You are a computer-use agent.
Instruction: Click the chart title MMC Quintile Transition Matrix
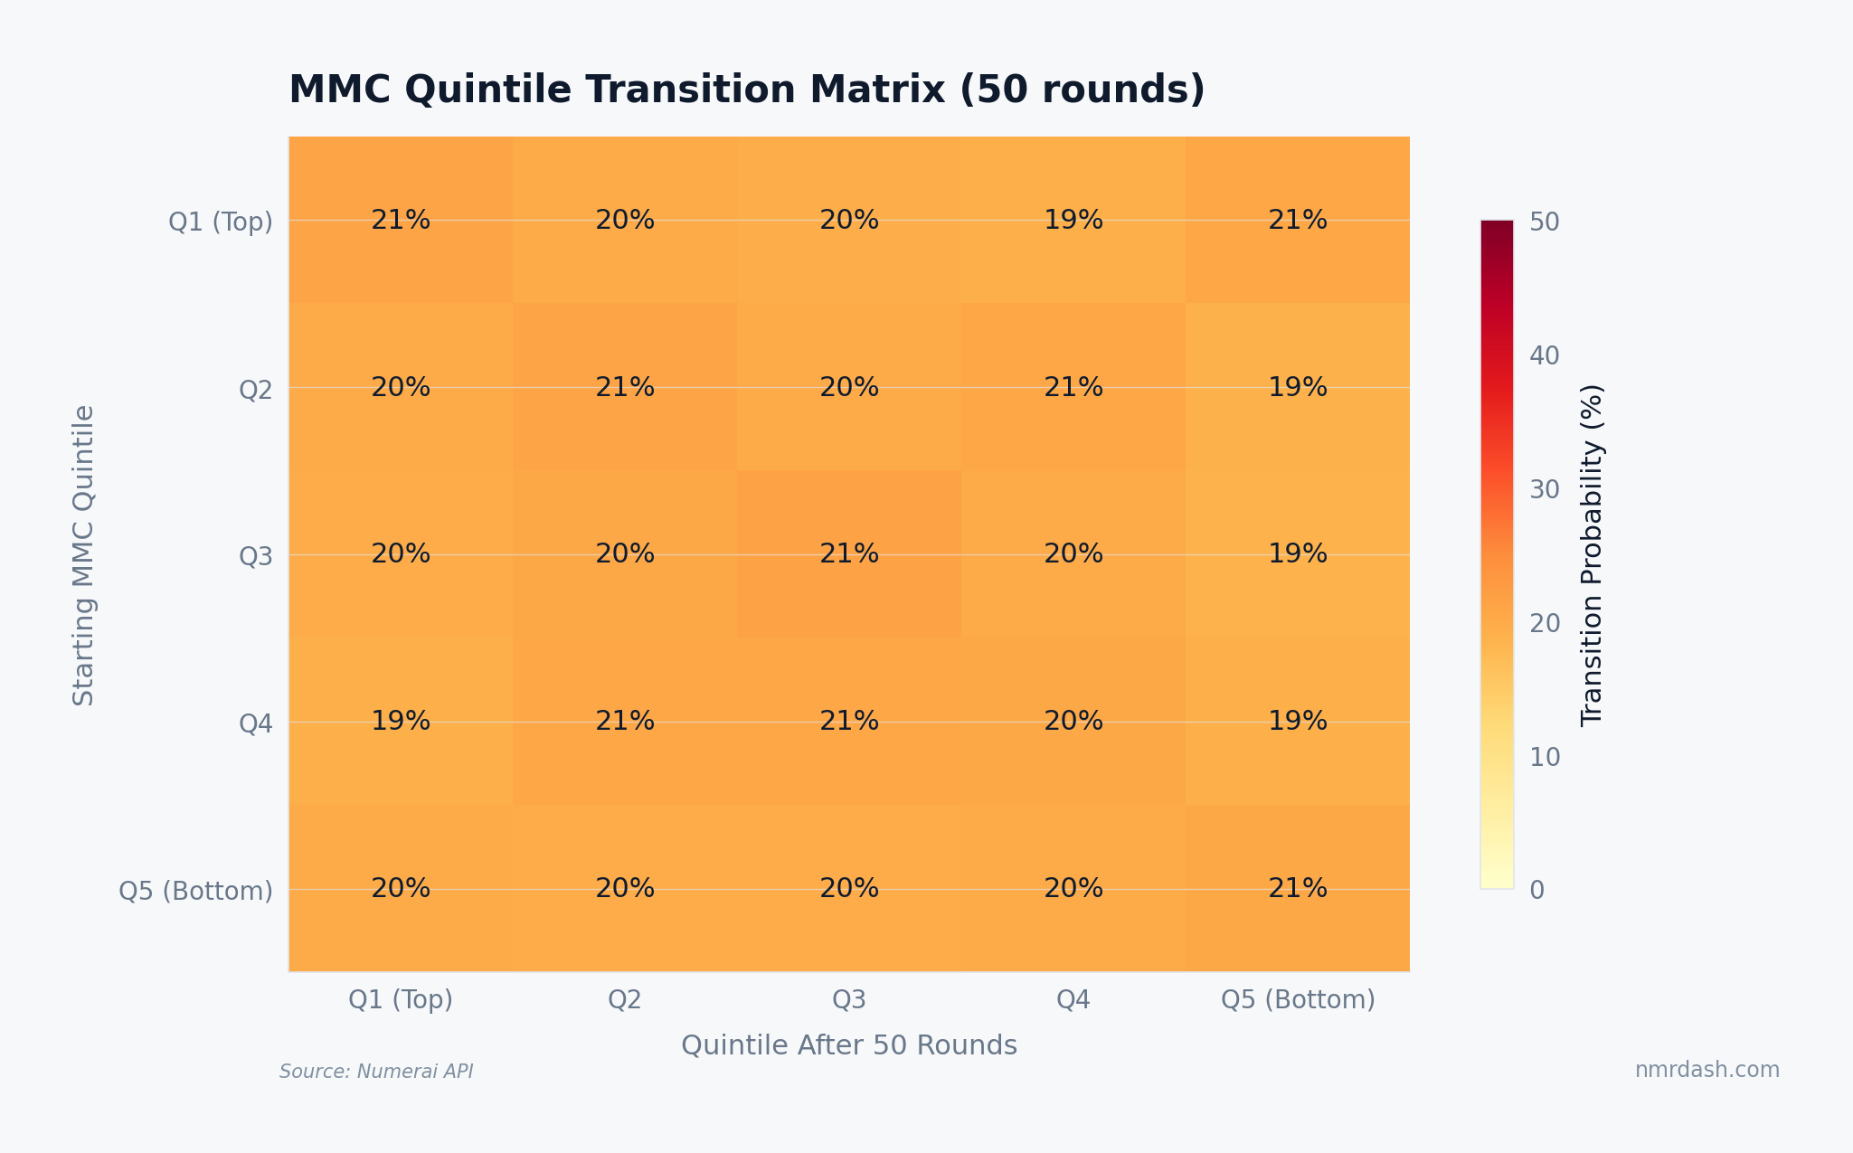[746, 90]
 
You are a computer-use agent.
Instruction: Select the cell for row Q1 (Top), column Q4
[1073, 220]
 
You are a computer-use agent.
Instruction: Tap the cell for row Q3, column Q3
[849, 553]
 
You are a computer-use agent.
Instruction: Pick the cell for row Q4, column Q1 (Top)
[401, 721]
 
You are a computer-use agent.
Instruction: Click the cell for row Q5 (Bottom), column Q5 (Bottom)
[1298, 888]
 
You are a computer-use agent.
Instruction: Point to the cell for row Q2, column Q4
[1073, 387]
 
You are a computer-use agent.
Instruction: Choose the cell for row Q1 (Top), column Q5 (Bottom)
[1298, 220]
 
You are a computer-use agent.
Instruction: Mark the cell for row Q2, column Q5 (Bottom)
[1298, 387]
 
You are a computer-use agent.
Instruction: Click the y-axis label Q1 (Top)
[221, 222]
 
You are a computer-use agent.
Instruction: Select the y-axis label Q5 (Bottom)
[196, 891]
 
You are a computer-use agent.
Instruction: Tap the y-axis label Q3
[255, 556]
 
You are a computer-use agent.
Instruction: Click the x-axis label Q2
[625, 999]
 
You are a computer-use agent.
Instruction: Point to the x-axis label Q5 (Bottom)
[1298, 999]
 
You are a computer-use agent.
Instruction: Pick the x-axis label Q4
[1073, 999]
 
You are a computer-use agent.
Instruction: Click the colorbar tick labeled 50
[1544, 222]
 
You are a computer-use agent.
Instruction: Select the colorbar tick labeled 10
[1544, 757]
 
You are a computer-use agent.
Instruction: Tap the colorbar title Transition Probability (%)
[1592, 555]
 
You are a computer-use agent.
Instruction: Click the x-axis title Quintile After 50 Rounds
[849, 1045]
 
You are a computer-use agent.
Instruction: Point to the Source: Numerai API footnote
[376, 1072]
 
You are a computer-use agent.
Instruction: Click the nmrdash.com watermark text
[1706, 1070]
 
